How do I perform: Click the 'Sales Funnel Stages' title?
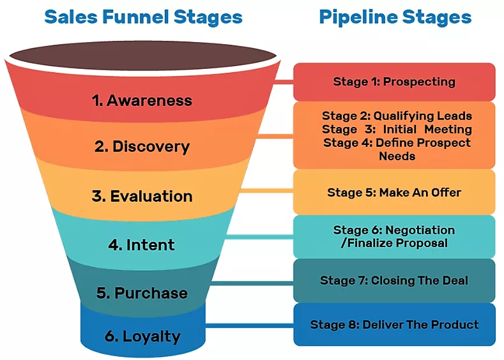pyautogui.click(x=143, y=17)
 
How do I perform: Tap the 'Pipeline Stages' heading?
pyautogui.click(x=395, y=17)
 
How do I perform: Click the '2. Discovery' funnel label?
pyautogui.click(x=142, y=146)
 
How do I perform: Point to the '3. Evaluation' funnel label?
pyautogui.click(x=142, y=196)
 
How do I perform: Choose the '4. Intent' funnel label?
pyautogui.click(x=141, y=244)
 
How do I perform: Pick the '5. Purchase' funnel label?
pyautogui.click(x=142, y=293)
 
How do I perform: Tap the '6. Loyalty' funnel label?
pyautogui.click(x=142, y=336)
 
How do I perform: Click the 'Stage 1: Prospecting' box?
pyautogui.click(x=394, y=82)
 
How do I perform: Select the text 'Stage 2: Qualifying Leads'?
pyautogui.click(x=397, y=116)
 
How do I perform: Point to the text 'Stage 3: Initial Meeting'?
pyautogui.click(x=397, y=130)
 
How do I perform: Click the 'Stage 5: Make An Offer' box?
pyautogui.click(x=394, y=192)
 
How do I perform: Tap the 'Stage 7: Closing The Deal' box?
pyautogui.click(x=394, y=280)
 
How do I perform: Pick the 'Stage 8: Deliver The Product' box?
pyautogui.click(x=394, y=324)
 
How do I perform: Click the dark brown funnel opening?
pyautogui.click(x=142, y=55)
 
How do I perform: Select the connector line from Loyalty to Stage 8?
pyautogui.click(x=249, y=325)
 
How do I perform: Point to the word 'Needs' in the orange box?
pyautogui.click(x=397, y=156)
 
